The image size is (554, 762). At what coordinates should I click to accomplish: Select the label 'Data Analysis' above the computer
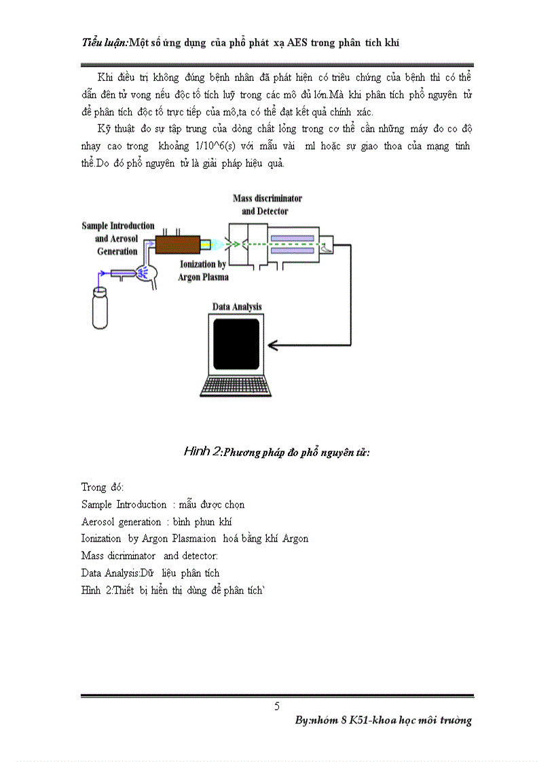[237, 307]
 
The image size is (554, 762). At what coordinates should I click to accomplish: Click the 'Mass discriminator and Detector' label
[267, 204]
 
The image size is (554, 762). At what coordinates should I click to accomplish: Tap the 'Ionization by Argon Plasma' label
[204, 270]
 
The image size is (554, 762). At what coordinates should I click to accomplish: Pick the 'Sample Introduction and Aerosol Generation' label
[117, 237]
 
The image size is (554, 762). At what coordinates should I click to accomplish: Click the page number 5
[277, 706]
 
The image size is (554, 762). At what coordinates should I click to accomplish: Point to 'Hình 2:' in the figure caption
[202, 452]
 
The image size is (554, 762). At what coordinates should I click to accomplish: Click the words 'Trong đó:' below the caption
[103, 487]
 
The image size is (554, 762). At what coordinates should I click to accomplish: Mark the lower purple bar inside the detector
[291, 251]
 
